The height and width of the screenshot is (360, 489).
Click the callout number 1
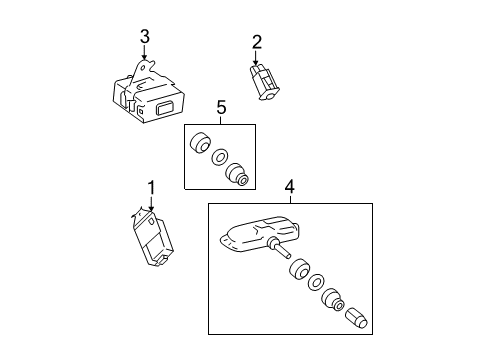pos(152,187)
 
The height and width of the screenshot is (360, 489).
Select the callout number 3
pos(144,36)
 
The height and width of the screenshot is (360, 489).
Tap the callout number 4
pos(289,186)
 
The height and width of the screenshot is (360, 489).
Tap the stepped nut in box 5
pos(238,174)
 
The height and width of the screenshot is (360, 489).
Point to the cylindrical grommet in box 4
pos(296,268)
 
